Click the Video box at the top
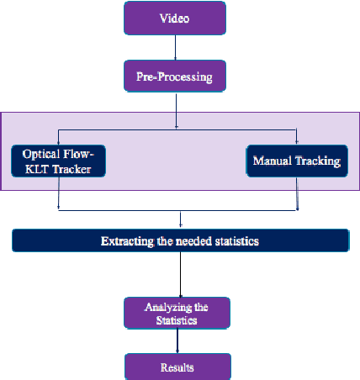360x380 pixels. pos(175,18)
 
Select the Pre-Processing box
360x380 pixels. pos(175,77)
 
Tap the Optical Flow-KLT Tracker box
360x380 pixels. pos(56,161)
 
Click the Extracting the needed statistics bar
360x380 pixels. pos(180,240)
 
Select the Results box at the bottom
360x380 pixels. pos(177,367)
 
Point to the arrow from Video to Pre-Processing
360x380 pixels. pos(175,49)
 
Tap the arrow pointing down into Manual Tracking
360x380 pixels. pos(296,139)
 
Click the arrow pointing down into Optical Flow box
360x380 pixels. pos(59,139)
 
